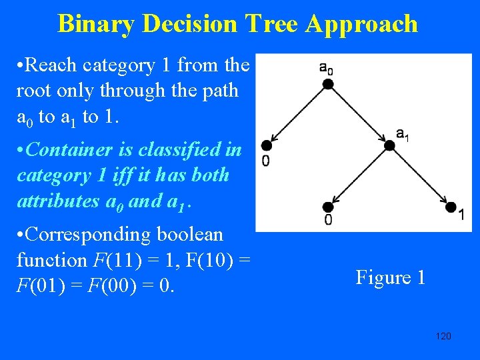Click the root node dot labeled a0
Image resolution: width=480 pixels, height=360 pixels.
click(x=327, y=83)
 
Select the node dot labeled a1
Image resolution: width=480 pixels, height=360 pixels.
click(x=390, y=145)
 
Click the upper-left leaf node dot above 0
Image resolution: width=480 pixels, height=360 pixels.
click(x=266, y=145)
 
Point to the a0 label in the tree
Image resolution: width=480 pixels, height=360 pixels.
click(x=326, y=67)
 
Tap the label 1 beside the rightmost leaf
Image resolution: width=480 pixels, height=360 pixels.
click(x=461, y=215)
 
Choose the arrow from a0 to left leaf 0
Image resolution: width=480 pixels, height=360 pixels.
click(x=297, y=114)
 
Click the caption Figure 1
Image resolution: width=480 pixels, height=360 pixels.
click(x=390, y=277)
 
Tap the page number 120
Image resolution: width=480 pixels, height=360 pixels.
click(x=443, y=336)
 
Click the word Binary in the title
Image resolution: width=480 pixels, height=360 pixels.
click(x=99, y=24)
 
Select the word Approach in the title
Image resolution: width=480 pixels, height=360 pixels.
click(x=362, y=24)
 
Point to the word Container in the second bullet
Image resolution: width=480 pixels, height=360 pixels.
click(x=67, y=149)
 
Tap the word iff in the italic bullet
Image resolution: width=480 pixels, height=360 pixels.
click(x=148, y=175)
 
